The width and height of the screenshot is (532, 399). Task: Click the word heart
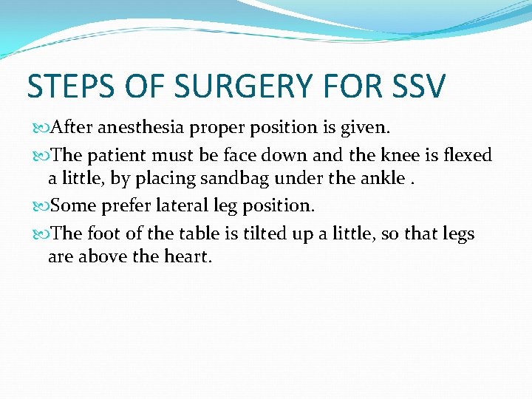pyautogui.click(x=188, y=258)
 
